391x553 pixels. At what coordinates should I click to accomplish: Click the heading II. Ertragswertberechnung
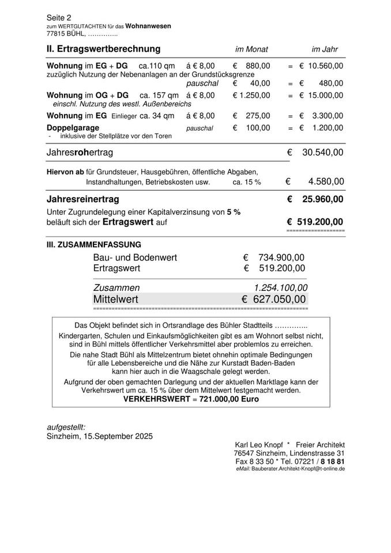[x=103, y=49]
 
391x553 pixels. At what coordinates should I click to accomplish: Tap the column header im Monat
[x=251, y=50]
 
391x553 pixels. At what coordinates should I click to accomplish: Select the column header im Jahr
[x=325, y=50]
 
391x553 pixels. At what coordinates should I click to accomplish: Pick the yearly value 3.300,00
[x=328, y=116]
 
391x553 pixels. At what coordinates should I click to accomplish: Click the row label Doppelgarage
[x=73, y=127]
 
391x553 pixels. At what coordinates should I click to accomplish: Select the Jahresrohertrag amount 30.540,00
[x=323, y=153]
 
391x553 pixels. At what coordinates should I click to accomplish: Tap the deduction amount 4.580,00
[x=326, y=181]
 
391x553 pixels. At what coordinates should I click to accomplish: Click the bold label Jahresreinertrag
[x=82, y=199]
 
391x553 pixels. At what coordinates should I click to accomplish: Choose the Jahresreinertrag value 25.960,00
[x=323, y=199]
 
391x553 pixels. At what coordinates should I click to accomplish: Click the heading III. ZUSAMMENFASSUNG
[x=93, y=244]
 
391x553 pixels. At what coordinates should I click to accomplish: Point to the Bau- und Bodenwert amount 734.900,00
[x=281, y=257]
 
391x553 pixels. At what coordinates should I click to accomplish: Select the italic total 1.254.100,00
[x=281, y=287]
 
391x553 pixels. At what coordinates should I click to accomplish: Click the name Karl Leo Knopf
[x=258, y=445]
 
